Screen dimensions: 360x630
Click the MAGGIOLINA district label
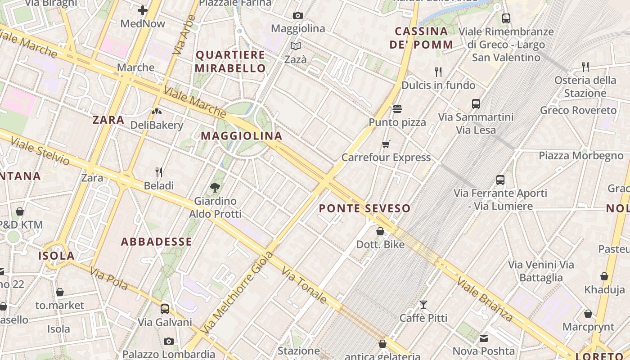coord(242,136)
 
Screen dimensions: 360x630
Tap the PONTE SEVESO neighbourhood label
coord(364,208)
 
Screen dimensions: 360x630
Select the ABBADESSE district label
coord(157,242)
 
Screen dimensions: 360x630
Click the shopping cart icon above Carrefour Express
coord(386,144)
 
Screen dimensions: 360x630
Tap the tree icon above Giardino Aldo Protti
coord(215,187)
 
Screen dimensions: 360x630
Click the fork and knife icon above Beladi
coord(158,172)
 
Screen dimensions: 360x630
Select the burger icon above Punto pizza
coord(397,109)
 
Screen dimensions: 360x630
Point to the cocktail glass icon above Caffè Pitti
coord(423,305)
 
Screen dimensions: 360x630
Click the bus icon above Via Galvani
coord(165,309)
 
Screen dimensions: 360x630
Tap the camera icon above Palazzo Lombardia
coord(169,341)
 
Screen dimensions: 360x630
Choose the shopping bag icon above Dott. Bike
coord(380,231)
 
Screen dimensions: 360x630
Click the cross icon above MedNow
coord(143,10)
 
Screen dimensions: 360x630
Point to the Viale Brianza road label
coord(485,299)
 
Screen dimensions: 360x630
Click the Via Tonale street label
coord(304,285)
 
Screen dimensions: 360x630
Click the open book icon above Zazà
coord(296,46)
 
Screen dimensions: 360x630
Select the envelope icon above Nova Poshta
coord(484,338)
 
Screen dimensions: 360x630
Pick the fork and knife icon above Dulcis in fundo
coord(438,72)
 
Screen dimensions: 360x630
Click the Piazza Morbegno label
coord(581,156)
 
